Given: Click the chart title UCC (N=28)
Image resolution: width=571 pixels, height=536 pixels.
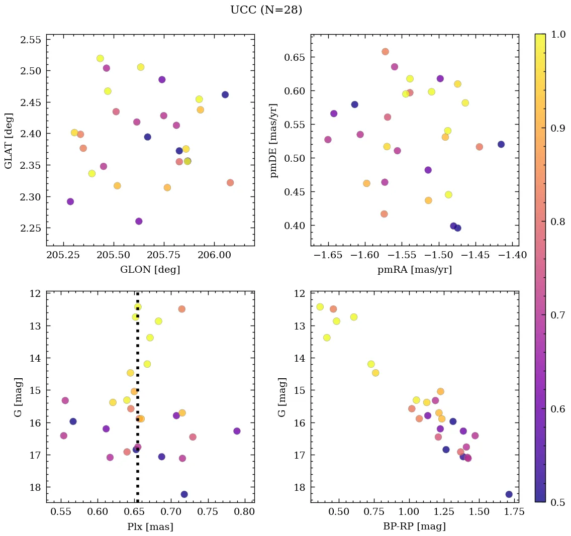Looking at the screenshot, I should (x=266, y=10).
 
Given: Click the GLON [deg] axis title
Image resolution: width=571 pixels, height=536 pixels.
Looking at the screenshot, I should (x=150, y=270).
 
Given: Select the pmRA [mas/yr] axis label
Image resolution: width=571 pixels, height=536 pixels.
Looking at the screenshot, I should (x=414, y=270).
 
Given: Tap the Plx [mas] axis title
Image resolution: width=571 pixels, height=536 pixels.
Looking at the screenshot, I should (x=150, y=526).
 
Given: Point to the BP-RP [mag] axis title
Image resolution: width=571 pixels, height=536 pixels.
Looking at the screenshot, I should (x=414, y=526).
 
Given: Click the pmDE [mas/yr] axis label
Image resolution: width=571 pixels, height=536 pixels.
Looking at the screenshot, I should (x=274, y=140).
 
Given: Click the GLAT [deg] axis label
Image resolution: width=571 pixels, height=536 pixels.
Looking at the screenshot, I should (x=9, y=140).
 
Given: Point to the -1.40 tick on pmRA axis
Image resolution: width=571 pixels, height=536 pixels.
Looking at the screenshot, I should (x=513, y=255).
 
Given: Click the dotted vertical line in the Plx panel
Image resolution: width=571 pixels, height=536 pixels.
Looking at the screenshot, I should (x=137, y=352).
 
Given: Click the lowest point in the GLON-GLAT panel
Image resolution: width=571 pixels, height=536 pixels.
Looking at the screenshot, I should (x=139, y=221).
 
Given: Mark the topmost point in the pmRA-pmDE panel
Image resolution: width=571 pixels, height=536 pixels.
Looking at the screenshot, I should (x=385, y=51).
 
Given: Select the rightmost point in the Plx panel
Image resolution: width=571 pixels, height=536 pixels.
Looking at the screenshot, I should (x=237, y=431).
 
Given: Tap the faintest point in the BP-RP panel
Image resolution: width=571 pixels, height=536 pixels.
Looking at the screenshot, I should (x=509, y=494).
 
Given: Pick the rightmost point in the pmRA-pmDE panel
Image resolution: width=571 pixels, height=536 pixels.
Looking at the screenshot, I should (x=501, y=144).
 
